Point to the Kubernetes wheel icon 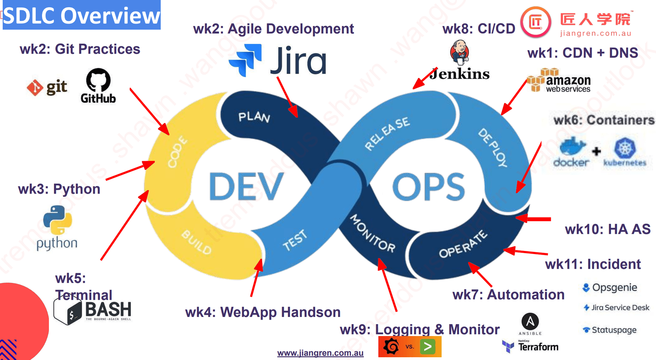pos(625,148)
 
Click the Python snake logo pos(57,220)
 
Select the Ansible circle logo pos(530,322)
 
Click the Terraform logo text pos(538,347)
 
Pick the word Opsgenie pos(614,288)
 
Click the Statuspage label pos(614,330)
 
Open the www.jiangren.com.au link pos(320,353)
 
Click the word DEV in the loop pos(246,187)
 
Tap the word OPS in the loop pos(428,187)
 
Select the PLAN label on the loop pos(254,117)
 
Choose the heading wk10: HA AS pos(607,229)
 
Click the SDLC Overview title pos(81,15)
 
